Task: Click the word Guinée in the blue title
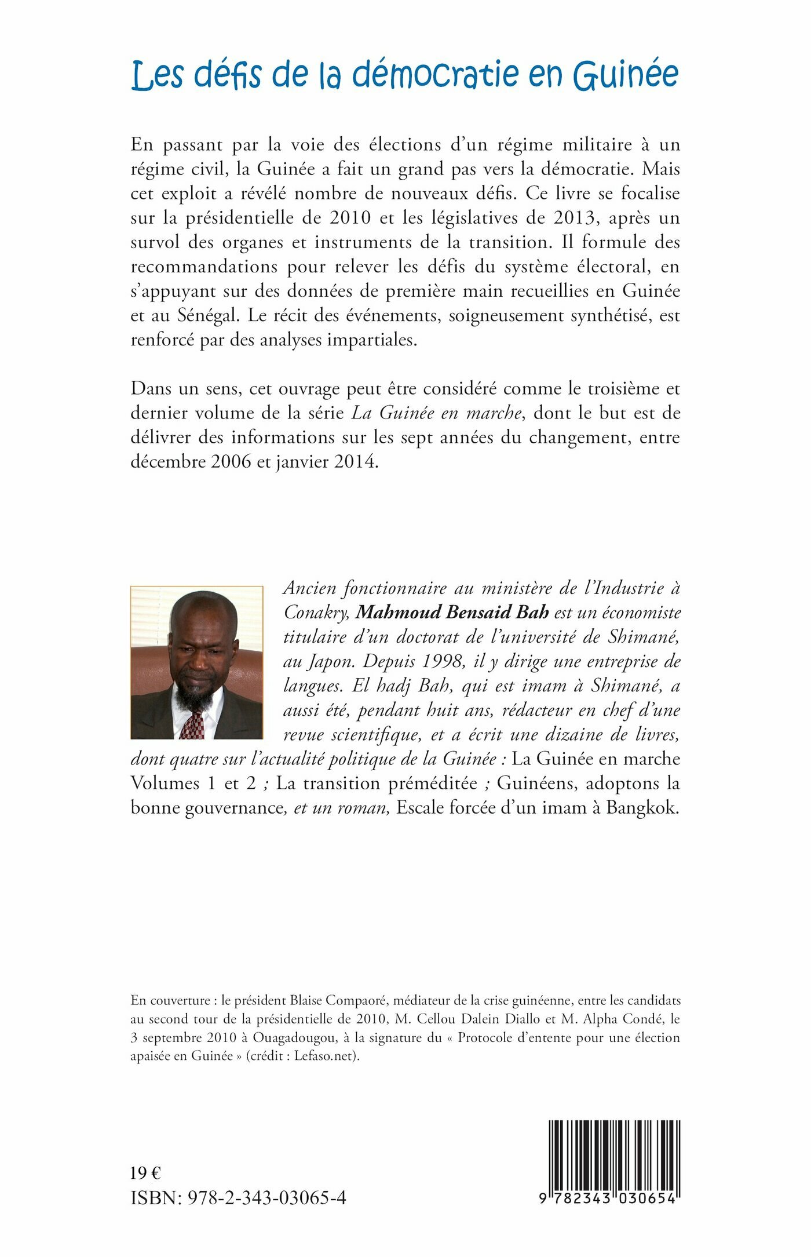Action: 626,76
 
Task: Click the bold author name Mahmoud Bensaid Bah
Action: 452,613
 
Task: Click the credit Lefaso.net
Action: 326,1056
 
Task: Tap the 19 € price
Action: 145,1174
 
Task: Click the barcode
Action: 613,1160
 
